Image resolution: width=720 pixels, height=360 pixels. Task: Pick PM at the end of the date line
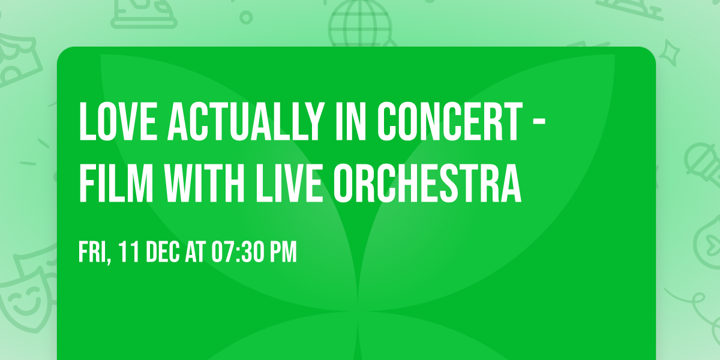283,253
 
